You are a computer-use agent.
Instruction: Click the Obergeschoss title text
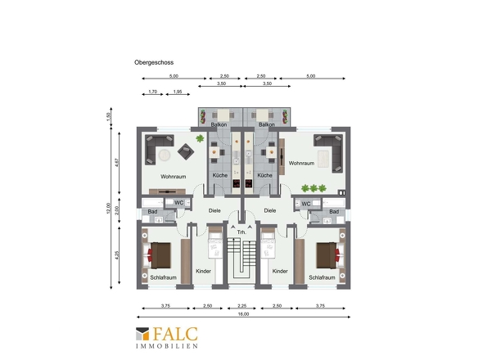[x=154, y=62]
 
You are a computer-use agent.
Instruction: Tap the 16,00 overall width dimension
[x=243, y=314]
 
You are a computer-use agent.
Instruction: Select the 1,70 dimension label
[x=153, y=92]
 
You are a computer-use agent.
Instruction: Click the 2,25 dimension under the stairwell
[x=242, y=306]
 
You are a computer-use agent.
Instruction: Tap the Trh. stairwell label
[x=241, y=232]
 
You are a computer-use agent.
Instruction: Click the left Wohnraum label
[x=173, y=177]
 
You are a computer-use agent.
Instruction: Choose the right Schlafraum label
[x=322, y=277]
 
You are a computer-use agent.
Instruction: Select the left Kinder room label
[x=203, y=272]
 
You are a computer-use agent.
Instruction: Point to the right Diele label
[x=270, y=210]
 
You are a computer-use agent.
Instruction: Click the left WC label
[x=179, y=203]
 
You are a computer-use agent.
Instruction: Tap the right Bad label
[x=334, y=212]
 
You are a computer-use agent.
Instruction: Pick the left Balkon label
[x=219, y=124]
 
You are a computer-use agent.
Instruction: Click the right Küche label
[x=265, y=175]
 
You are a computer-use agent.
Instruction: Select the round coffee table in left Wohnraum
[x=165, y=155]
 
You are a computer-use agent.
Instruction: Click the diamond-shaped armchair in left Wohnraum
[x=186, y=151]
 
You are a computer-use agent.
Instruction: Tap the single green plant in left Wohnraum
[x=200, y=138]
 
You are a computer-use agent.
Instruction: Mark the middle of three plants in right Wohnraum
[x=314, y=188]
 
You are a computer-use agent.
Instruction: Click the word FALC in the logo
[x=175, y=334]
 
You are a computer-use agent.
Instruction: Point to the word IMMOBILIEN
[x=167, y=346]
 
